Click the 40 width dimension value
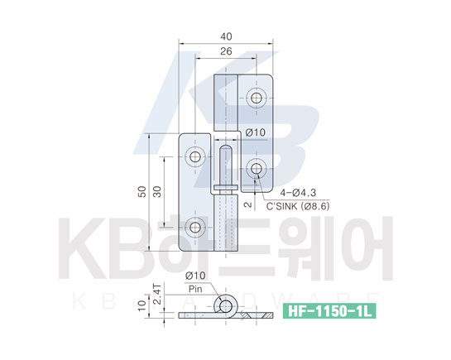[x=226, y=36]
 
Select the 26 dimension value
[x=226, y=51]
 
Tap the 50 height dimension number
[x=142, y=191]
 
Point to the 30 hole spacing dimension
[x=157, y=191]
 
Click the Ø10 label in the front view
[x=256, y=132]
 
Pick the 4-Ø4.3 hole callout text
[x=298, y=193]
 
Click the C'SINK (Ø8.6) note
[x=298, y=206]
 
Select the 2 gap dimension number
[x=248, y=204]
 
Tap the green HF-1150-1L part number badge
[x=329, y=311]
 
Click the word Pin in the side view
[x=195, y=290]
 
